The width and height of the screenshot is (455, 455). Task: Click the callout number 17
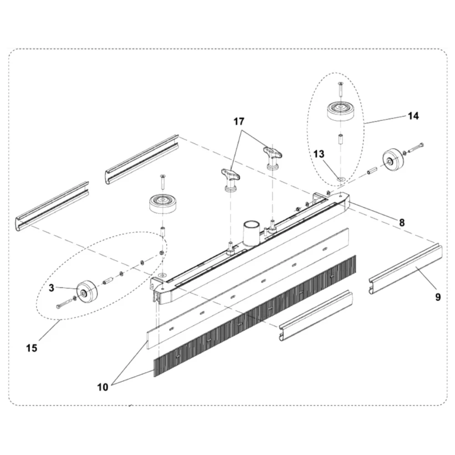point(239,121)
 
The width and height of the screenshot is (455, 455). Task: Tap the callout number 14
point(413,116)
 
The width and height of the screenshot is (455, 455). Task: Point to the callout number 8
point(402,222)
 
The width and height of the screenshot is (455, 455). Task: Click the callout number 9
point(438,297)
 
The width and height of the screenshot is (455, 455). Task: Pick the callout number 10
point(103,387)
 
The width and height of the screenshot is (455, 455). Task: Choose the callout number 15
point(31,349)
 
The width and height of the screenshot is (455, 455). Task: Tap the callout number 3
point(52,288)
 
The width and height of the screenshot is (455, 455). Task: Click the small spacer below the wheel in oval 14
point(339,138)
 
